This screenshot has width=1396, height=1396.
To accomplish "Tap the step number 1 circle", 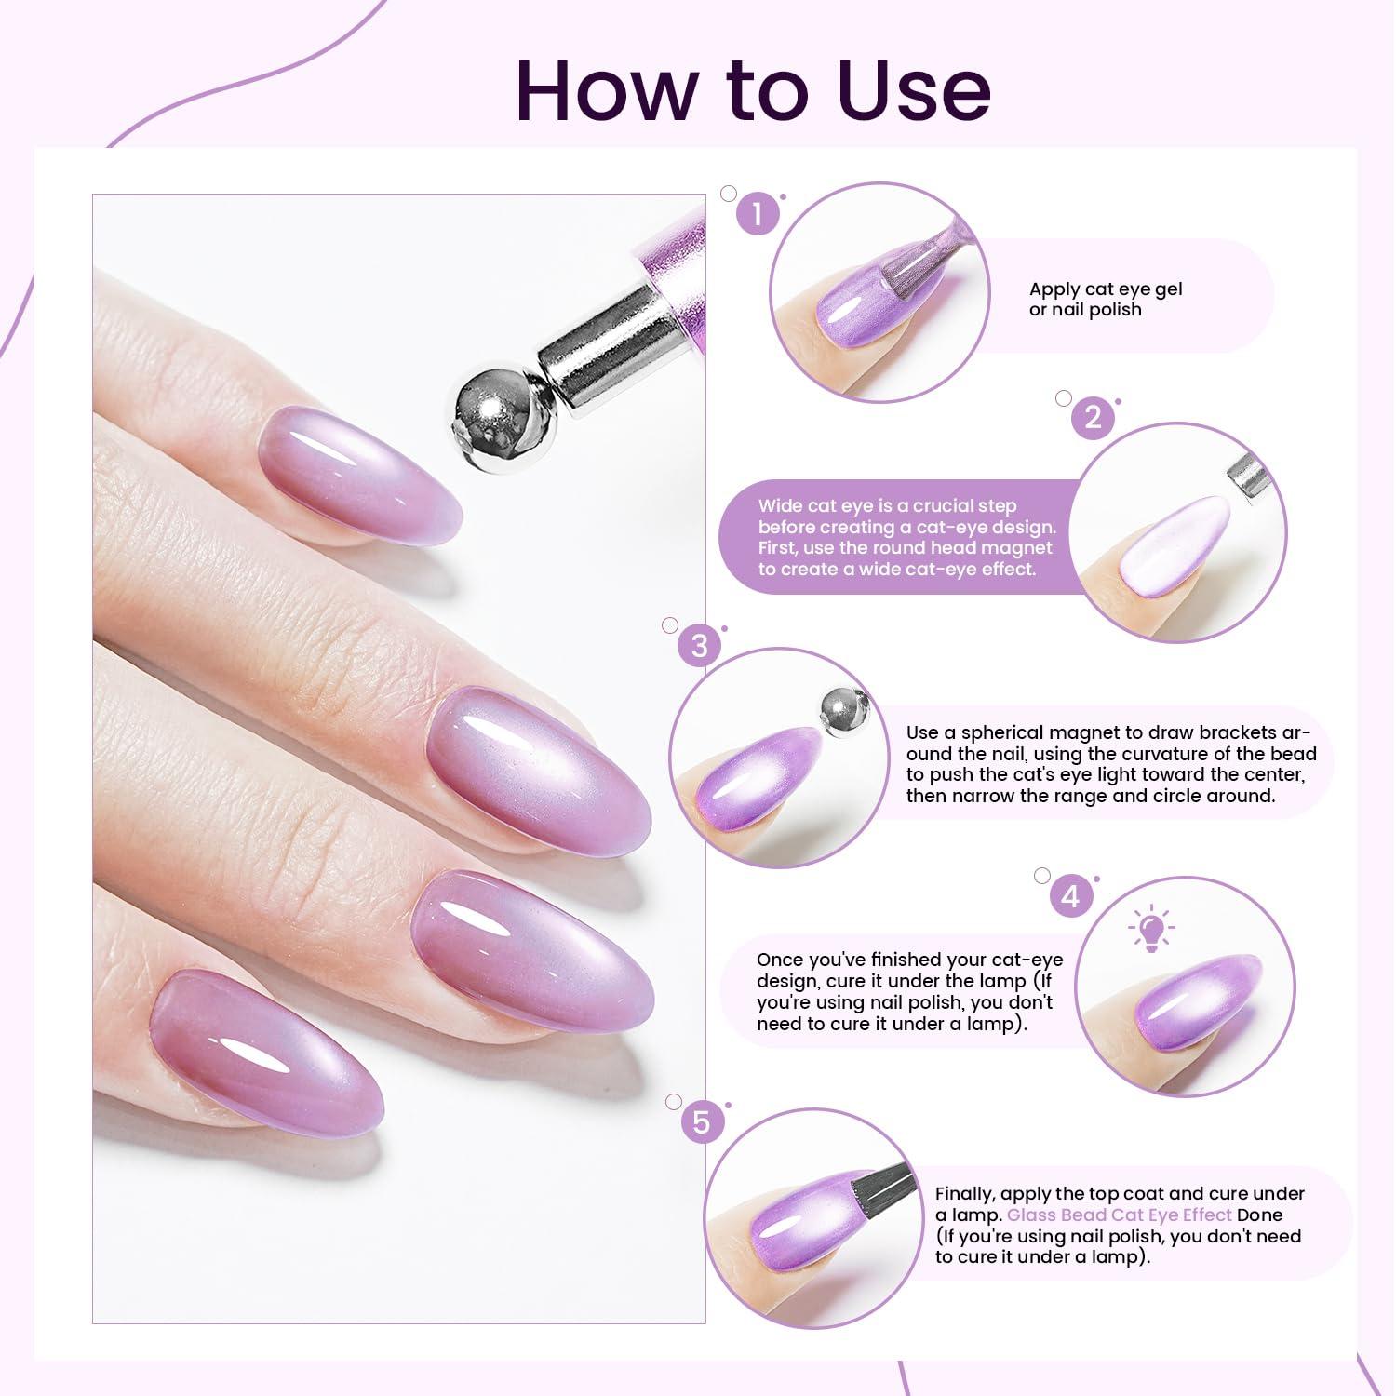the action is pyautogui.click(x=758, y=215).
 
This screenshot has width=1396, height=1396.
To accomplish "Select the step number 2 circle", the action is pyautogui.click(x=1093, y=418).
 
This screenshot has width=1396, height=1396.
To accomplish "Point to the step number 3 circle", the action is pyautogui.click(x=699, y=645).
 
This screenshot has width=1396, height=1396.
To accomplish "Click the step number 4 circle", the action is pyautogui.click(x=1071, y=896).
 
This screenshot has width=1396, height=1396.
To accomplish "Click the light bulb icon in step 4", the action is pyautogui.click(x=1151, y=928).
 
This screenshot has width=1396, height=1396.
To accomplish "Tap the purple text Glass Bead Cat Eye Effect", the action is pyautogui.click(x=1120, y=1215).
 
